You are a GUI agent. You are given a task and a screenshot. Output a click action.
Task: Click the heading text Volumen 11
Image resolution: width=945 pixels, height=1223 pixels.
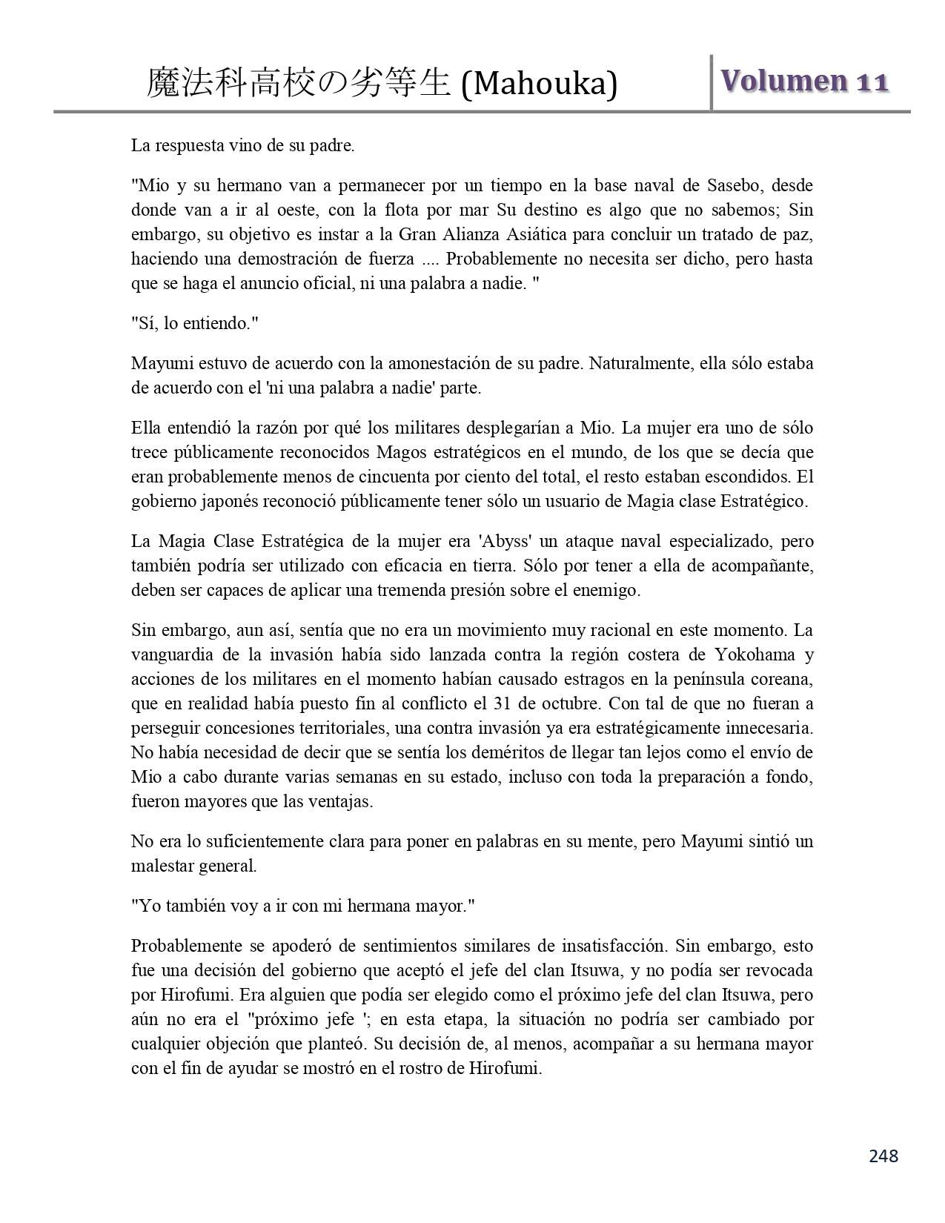(x=804, y=81)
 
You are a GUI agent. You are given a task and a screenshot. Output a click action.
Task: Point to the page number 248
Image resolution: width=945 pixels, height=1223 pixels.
(x=883, y=1156)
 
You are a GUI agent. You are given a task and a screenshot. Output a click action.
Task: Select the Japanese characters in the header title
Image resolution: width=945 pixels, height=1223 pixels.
(x=299, y=83)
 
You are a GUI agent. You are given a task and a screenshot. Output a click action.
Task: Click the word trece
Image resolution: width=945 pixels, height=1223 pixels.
(x=149, y=452)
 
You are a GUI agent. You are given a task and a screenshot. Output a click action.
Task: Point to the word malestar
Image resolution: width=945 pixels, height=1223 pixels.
(x=159, y=866)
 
